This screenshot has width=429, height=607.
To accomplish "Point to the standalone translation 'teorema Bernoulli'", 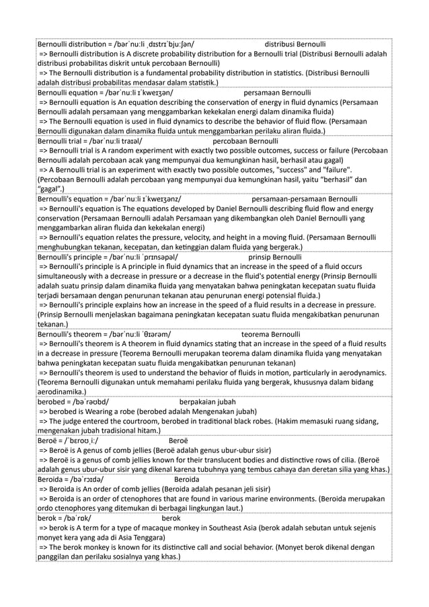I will coord(270,333).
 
